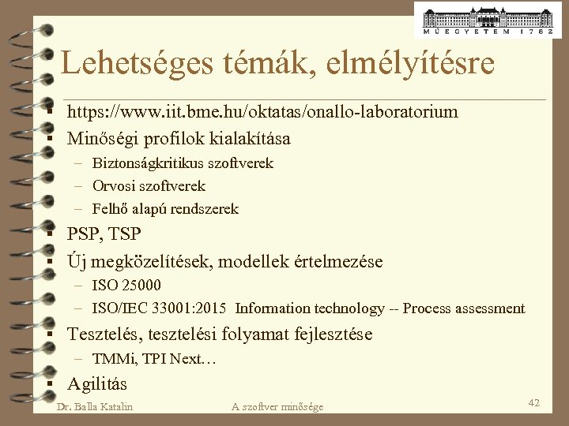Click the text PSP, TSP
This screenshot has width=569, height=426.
[x=104, y=234]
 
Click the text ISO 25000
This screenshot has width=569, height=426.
[x=126, y=285]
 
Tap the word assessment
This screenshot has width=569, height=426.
[x=490, y=308]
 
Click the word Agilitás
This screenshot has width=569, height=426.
[x=97, y=384]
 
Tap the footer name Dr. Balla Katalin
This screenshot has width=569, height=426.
[x=96, y=406]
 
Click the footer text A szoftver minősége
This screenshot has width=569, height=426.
[x=277, y=406]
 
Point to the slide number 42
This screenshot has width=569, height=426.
[x=534, y=403]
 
